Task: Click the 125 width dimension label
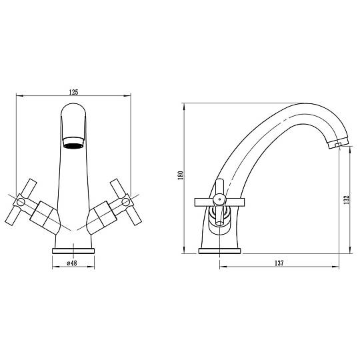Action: click(74, 92)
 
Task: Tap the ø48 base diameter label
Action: click(72, 263)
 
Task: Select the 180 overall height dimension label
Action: click(181, 175)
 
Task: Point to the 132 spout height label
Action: click(347, 199)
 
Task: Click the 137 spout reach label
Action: click(279, 263)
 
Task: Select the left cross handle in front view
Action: click(21, 202)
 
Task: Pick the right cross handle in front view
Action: click(126, 202)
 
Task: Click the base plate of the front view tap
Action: click(73, 251)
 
